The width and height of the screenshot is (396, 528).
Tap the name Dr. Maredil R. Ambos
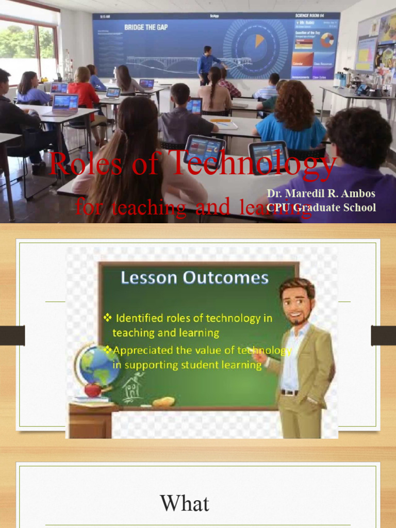tap(321, 194)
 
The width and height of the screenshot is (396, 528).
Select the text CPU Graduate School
tap(321, 208)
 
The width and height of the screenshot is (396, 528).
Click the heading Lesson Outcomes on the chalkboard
tap(194, 278)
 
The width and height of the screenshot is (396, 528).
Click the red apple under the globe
tap(93, 389)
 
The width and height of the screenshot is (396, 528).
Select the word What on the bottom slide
tap(185, 503)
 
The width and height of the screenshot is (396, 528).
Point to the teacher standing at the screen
tap(207, 65)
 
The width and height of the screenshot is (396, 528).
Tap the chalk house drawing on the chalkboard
tap(132, 387)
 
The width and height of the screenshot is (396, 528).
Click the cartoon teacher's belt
tap(290, 392)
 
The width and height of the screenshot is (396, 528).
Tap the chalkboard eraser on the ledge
tap(163, 402)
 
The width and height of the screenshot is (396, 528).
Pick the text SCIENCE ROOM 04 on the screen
tap(314, 16)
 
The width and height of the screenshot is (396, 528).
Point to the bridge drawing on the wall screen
tap(175, 62)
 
